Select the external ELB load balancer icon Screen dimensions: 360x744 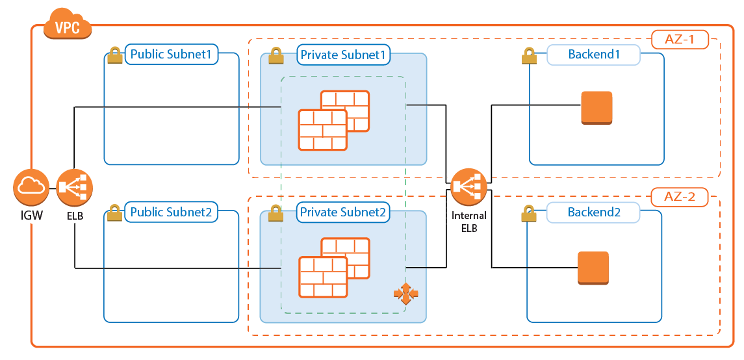pos(75,187)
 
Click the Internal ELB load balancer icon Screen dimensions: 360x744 pos(468,187)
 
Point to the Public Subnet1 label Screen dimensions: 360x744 pos(172,55)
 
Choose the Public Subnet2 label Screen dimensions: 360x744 pos(172,212)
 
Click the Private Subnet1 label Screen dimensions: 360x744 pos(343,55)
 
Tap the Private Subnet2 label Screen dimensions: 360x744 pos(343,212)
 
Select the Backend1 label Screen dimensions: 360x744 pos(594,55)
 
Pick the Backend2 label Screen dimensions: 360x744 pos(594,212)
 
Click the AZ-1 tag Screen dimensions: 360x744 pos(680,39)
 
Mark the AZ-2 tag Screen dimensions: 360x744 pos(680,196)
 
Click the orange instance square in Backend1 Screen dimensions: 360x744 pos(596,107)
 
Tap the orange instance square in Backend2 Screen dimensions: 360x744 pos(593,268)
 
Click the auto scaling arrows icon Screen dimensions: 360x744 pos(406,294)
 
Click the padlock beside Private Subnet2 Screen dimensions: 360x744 pos(276,212)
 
